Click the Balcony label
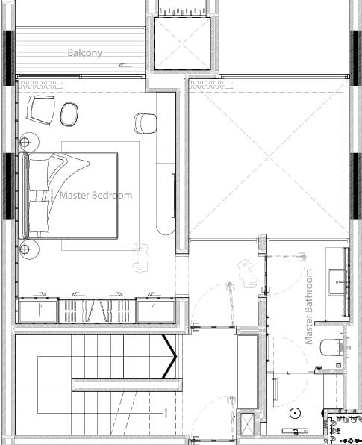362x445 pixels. point(84,53)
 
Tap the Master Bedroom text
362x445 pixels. point(96,196)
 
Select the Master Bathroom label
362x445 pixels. point(308,307)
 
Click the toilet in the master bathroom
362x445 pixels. point(331,347)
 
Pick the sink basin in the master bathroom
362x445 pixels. point(337,282)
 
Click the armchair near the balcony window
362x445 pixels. point(41,110)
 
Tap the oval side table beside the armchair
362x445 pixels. point(69,114)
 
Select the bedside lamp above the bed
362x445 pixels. point(29,142)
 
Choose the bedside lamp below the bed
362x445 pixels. point(29,249)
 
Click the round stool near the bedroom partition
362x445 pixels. point(145,123)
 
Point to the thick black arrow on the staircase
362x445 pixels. point(169,356)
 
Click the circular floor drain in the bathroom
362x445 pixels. point(295,414)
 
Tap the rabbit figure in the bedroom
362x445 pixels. point(141,258)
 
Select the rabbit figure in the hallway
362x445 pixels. point(247,273)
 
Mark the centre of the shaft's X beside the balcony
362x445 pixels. point(182,44)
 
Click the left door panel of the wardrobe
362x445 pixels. point(38,310)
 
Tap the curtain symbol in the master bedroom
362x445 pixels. point(41,85)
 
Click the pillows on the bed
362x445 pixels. point(39,196)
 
